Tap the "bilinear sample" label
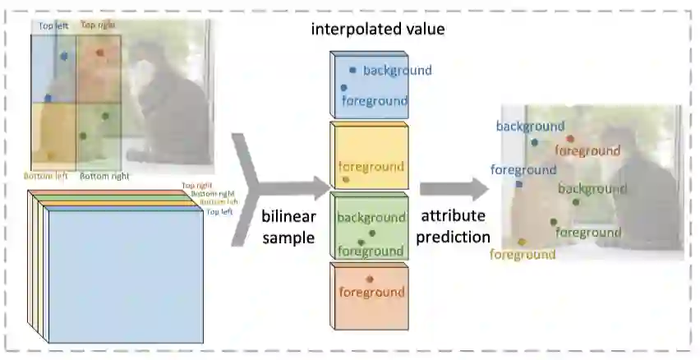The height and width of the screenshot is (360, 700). (288, 227)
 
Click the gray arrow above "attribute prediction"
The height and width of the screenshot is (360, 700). (453, 189)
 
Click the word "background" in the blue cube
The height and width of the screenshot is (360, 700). (397, 71)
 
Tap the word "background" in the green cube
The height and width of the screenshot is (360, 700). (371, 218)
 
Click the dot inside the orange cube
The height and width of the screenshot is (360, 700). (371, 279)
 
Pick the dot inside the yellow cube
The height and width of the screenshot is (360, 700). (346, 179)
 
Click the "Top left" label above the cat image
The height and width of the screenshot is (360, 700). (54, 26)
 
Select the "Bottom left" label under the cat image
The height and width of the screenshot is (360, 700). (46, 176)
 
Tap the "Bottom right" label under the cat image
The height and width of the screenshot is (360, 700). (104, 176)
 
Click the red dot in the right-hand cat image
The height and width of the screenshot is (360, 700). (570, 139)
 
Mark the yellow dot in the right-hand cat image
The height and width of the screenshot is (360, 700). (523, 242)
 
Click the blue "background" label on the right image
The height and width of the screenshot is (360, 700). (530, 127)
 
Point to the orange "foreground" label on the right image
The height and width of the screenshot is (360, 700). (587, 150)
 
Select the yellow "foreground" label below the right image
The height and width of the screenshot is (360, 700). (523, 255)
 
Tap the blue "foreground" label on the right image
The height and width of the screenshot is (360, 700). (523, 170)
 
